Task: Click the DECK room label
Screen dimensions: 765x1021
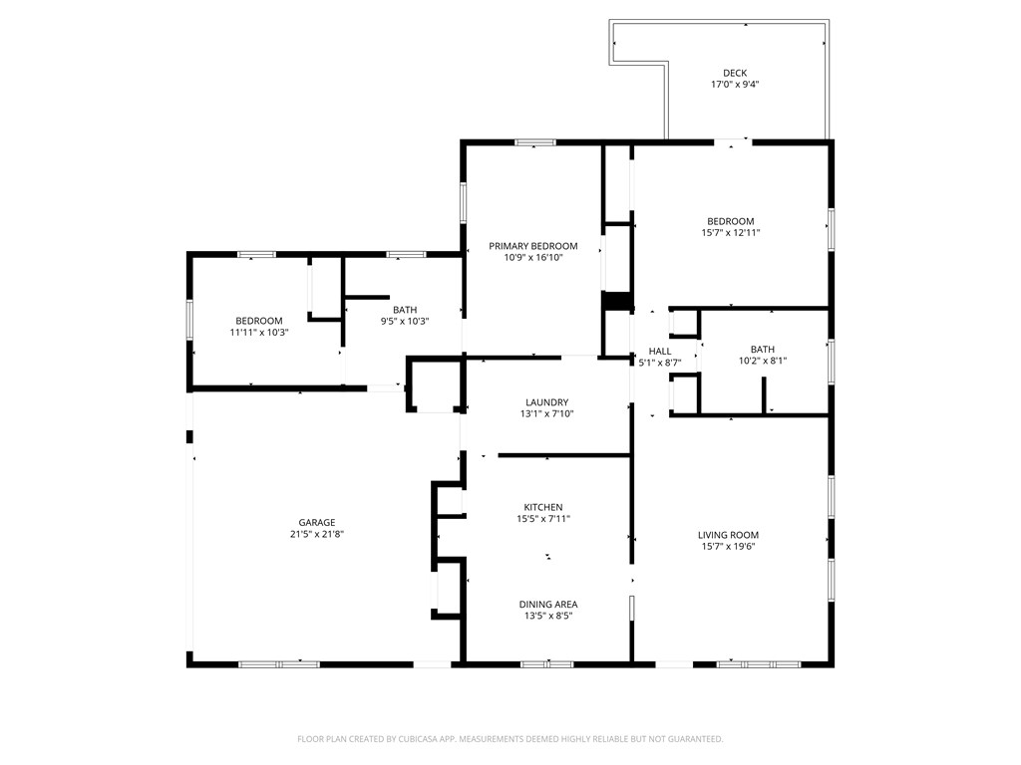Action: (734, 73)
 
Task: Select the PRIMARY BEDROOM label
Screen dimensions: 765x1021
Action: (532, 246)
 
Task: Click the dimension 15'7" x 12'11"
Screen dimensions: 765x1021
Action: (730, 232)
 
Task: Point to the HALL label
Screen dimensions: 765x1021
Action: (660, 352)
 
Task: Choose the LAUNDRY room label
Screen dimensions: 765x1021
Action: (546, 402)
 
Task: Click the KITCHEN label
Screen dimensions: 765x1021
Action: (543, 507)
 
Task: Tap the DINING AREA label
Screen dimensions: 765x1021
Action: (547, 604)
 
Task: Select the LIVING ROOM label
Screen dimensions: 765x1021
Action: (728, 535)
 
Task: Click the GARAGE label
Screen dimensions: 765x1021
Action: (317, 523)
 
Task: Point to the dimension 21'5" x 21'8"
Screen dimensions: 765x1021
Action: (317, 534)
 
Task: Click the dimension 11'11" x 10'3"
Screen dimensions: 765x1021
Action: (259, 332)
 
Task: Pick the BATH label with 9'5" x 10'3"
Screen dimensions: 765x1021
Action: (404, 309)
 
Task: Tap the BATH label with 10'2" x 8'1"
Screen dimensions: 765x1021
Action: (762, 349)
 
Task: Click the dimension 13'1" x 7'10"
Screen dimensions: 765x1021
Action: (546, 413)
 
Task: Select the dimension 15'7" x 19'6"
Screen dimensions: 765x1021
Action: (728, 546)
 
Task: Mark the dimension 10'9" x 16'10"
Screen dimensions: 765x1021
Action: (532, 257)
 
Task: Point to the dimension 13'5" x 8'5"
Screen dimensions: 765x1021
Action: (547, 616)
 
